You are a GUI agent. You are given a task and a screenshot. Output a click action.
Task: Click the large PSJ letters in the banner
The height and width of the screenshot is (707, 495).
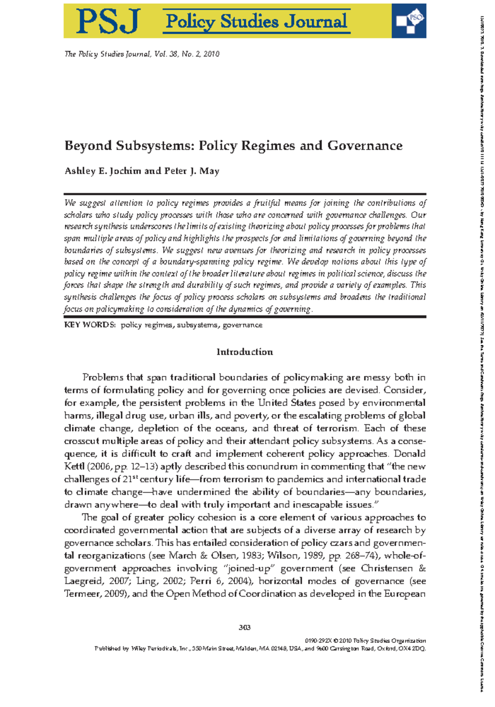[108, 21]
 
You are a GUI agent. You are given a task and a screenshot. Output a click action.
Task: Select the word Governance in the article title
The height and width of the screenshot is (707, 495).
[365, 146]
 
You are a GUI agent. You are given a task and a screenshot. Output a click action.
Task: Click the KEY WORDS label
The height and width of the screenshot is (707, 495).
[90, 325]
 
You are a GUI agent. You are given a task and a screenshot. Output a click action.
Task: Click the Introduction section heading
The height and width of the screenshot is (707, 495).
[245, 352]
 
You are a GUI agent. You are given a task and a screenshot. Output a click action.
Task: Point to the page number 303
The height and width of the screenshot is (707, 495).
[245, 627]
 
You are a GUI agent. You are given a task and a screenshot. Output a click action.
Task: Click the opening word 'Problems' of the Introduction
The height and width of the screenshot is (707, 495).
[103, 377]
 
